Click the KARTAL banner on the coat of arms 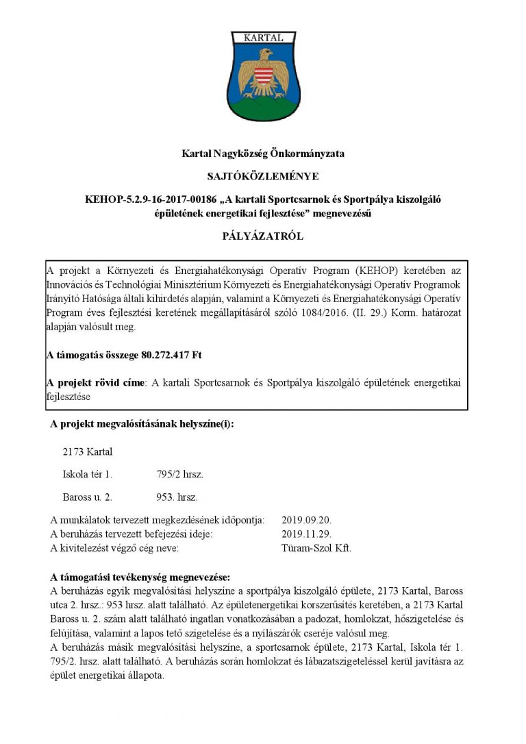[263, 38]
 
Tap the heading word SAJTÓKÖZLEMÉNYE [263, 176]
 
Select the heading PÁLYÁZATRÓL [263, 236]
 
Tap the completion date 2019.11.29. [305, 534]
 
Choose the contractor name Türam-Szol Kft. [316, 548]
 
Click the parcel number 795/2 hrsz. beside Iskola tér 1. [179, 474]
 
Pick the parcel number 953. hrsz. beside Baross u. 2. [177, 497]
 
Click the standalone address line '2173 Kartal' [87, 452]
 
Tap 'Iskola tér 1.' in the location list [88, 474]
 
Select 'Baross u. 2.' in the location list [87, 497]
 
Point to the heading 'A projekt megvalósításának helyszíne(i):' [142, 424]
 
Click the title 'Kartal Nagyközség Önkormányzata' [263, 153]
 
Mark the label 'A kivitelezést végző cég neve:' [115, 548]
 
